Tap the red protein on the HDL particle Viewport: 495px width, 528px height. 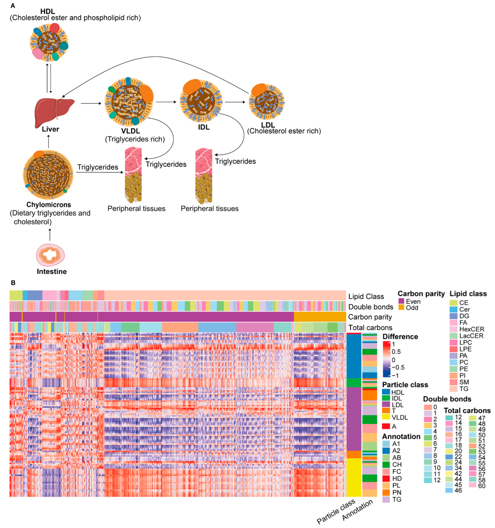pos(55,28)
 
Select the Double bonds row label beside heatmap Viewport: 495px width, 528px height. pos(371,307)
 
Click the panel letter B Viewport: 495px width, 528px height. pos(13,283)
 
